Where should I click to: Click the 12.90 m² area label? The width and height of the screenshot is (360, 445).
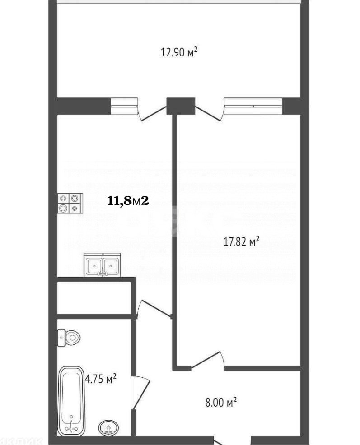point(179,52)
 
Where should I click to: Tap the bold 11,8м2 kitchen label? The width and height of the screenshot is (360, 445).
point(128,201)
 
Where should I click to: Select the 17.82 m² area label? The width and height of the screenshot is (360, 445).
point(241,242)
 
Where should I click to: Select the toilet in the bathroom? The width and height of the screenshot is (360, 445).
point(68,337)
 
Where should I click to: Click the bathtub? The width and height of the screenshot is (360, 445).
point(72,400)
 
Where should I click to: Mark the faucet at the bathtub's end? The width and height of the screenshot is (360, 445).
point(71,425)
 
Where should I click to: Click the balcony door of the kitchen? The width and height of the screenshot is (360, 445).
point(153,112)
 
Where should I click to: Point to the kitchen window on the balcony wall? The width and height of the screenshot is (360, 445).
point(123,106)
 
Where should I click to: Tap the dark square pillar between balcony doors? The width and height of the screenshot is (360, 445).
point(181,106)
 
